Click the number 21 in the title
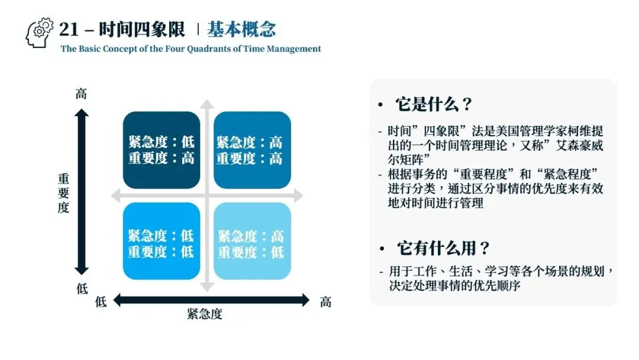click(x=69, y=29)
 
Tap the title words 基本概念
click(x=241, y=29)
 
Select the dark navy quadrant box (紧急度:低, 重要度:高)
click(x=162, y=150)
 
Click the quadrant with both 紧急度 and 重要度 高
click(x=252, y=150)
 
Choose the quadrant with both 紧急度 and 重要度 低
click(x=162, y=243)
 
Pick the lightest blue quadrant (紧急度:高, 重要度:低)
click(x=252, y=243)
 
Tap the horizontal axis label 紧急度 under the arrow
click(x=205, y=314)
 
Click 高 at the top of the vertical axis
click(x=82, y=94)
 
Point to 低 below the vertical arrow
click(x=82, y=290)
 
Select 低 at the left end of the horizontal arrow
click(x=101, y=301)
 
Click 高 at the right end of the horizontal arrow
click(x=325, y=301)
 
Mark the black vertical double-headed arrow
click(x=82, y=192)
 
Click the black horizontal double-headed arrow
click(x=211, y=300)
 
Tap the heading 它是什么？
click(x=434, y=105)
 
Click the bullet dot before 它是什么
click(x=380, y=105)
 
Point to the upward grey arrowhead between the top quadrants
click(x=207, y=106)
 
